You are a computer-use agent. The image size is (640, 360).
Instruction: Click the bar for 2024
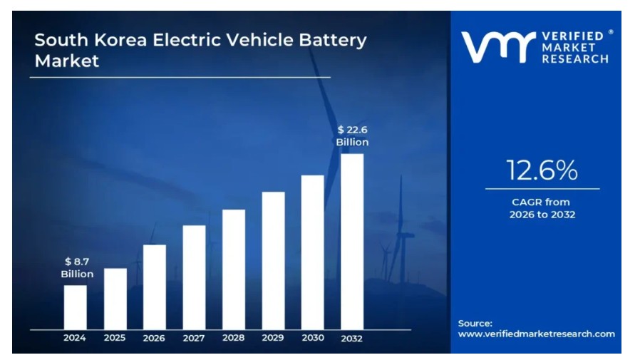75,307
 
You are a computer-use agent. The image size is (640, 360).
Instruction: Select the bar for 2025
115,299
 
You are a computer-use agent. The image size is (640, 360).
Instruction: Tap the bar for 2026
155,287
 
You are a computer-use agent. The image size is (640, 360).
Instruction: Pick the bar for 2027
194,277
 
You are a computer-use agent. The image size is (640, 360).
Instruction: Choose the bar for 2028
233,269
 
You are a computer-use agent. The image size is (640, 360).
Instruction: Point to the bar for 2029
273,260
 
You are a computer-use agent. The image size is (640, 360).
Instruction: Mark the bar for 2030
312,252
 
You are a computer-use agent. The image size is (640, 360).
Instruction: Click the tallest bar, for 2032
352,242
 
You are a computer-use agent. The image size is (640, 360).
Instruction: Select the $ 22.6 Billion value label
352,135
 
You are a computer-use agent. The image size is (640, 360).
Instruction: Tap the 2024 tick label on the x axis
75,338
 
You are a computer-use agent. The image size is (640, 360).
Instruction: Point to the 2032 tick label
352,338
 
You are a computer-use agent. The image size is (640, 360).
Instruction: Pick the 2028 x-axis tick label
233,338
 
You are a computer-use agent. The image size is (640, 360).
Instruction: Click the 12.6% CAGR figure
542,170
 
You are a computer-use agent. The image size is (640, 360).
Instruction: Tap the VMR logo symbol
497,46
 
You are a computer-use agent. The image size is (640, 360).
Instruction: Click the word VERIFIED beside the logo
574,36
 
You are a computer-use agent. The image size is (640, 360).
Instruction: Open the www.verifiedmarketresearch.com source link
536,334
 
